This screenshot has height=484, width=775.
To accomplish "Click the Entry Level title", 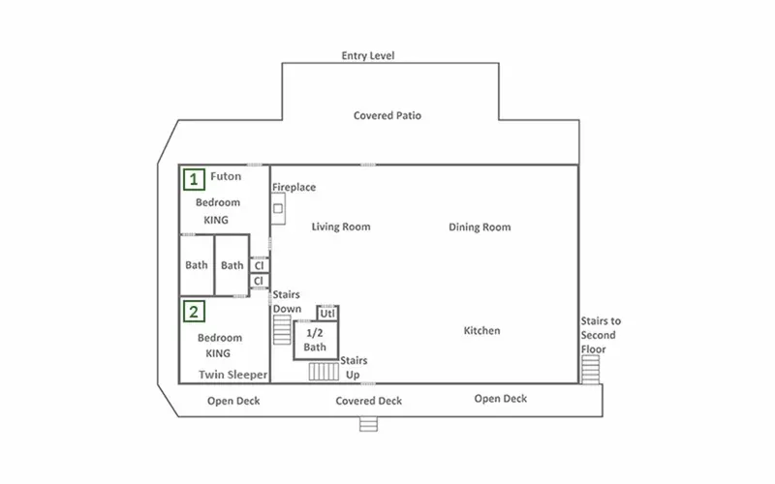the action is (368, 55).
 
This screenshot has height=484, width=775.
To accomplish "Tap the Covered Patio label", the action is (387, 115).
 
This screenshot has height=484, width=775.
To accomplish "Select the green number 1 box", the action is (194, 179).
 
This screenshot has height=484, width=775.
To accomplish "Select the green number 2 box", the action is (194, 311).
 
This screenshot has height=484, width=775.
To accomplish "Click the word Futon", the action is (226, 176).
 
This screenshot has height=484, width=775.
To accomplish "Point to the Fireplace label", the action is (294, 187).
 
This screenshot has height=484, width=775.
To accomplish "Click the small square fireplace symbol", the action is (278, 208).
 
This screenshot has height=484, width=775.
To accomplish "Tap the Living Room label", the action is (341, 227).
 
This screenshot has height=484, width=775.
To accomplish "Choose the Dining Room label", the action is (480, 227).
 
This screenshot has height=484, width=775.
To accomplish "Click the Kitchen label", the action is (481, 330).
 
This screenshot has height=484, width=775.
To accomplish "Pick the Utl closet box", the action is (327, 313).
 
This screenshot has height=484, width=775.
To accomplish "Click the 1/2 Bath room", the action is (316, 341).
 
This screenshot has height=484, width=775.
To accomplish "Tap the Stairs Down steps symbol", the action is (282, 329).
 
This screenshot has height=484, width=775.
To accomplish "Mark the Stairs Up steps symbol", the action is (324, 372).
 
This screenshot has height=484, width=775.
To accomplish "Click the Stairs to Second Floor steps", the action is (590, 370).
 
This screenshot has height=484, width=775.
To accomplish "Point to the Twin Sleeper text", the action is (232, 375).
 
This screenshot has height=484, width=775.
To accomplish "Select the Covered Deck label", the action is (369, 401).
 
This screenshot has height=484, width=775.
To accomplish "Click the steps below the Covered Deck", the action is (368, 424).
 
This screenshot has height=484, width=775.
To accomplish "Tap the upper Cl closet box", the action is (260, 265).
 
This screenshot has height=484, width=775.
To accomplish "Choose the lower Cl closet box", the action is (260, 281).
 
